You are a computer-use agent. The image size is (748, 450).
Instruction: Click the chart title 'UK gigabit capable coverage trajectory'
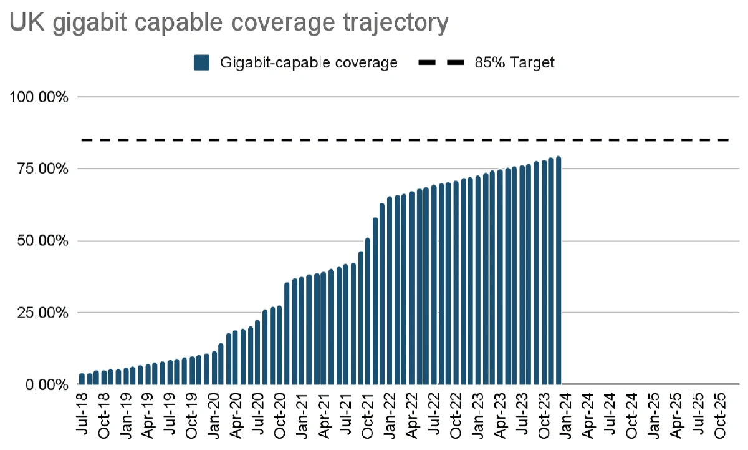(228, 24)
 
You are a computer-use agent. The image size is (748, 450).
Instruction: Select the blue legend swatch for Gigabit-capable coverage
(201, 62)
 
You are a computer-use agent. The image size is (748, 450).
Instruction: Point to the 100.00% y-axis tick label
(38, 97)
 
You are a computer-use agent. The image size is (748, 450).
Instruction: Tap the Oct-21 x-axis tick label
(368, 411)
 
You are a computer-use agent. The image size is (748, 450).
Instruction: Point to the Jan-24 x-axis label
(566, 411)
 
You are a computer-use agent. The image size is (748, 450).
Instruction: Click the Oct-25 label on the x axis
(720, 411)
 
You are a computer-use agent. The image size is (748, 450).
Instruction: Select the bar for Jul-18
(82, 379)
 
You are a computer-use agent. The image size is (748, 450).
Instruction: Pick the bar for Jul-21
(346, 325)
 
